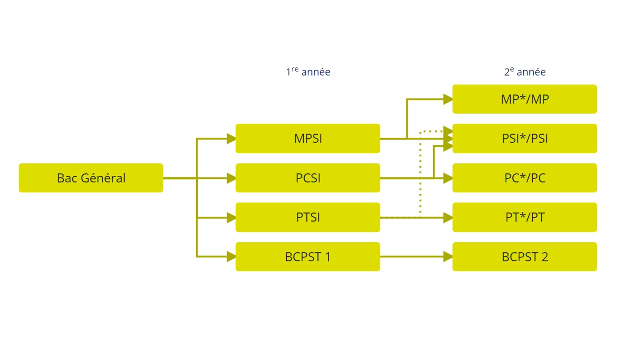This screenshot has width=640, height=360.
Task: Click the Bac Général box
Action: tap(91, 178)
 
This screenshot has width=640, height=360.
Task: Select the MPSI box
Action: tap(308, 138)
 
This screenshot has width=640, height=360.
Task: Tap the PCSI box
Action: tap(308, 178)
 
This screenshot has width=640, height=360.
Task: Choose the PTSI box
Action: tap(308, 217)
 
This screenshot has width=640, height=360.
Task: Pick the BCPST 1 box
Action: tap(308, 257)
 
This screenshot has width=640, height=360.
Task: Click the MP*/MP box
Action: tap(525, 99)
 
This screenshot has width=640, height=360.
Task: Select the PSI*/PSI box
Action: tap(525, 138)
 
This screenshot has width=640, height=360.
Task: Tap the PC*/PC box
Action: tap(525, 178)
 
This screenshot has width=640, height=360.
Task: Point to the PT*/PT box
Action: tap(525, 217)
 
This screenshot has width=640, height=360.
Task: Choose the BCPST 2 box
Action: tap(525, 257)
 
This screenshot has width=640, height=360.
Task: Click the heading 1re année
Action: tap(308, 72)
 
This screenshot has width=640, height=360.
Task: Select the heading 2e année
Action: tap(525, 72)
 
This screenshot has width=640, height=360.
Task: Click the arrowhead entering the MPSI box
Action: tap(231, 138)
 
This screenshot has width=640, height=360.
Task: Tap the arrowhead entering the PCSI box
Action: tap(231, 178)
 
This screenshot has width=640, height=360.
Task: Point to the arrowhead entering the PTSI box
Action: tap(231, 217)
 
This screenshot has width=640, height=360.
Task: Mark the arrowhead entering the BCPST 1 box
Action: tap(231, 257)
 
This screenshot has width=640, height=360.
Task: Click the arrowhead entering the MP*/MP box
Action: tap(448, 99)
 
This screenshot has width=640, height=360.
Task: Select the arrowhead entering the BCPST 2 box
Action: tap(448, 257)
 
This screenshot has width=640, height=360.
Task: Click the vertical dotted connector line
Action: tap(421, 175)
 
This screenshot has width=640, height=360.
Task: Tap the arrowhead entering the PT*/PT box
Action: tap(448, 217)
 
